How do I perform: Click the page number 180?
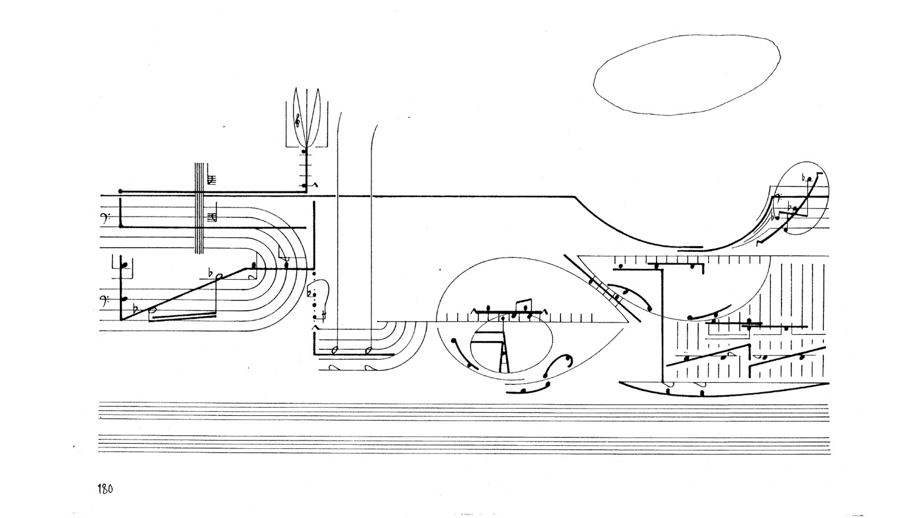[105, 489]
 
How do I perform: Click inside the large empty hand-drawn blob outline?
[687, 75]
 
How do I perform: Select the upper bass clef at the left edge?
[106, 219]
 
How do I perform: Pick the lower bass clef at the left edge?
[106, 301]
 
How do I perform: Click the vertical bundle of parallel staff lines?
[199, 208]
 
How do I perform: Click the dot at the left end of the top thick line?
[120, 191]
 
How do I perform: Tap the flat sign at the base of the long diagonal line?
[135, 308]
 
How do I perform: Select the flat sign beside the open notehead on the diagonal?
[211, 273]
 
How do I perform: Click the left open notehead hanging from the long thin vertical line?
[335, 351]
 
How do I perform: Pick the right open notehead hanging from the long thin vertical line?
[368, 351]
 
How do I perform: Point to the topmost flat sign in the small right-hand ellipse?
[804, 178]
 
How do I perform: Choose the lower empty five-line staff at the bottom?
[463, 445]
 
